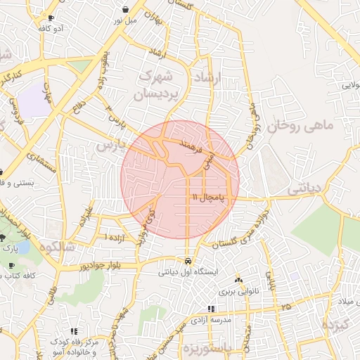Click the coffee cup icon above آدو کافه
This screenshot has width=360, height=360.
[x=51, y=17]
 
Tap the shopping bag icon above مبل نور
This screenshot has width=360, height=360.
[x=125, y=10]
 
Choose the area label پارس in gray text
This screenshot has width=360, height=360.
[x=109, y=146]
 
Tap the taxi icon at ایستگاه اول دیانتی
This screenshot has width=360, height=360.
[x=187, y=260]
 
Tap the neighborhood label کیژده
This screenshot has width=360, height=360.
[x=335, y=326]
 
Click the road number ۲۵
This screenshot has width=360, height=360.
[x=285, y=307]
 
